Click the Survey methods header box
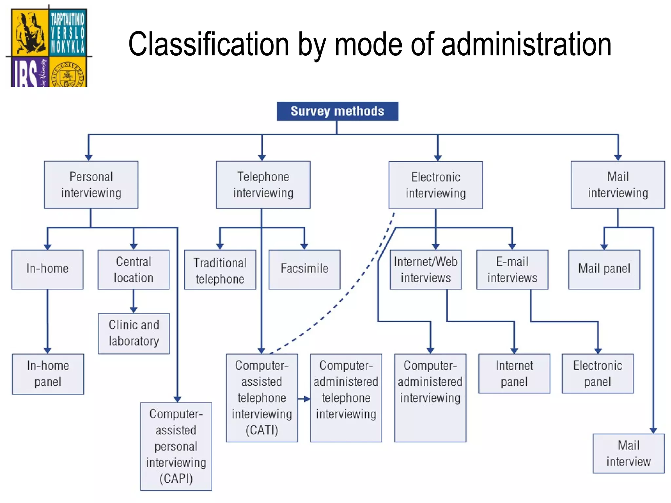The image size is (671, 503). (x=337, y=111)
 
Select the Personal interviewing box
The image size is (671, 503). (x=91, y=185)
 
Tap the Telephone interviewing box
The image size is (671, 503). (x=263, y=185)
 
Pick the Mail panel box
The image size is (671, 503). (x=604, y=269)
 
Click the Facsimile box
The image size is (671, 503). (x=304, y=269)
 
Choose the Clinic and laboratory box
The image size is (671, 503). (x=134, y=333)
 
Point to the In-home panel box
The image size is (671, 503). (x=48, y=374)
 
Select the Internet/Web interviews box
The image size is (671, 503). (x=426, y=269)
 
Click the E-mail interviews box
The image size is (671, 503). (x=512, y=269)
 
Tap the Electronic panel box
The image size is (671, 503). (x=598, y=373)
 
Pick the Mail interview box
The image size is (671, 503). (x=628, y=453)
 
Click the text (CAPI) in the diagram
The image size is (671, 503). (x=176, y=479)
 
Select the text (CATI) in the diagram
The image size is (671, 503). (x=262, y=430)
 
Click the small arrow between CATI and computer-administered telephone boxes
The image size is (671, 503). (x=305, y=399)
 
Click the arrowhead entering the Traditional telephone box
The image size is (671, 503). (x=220, y=246)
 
